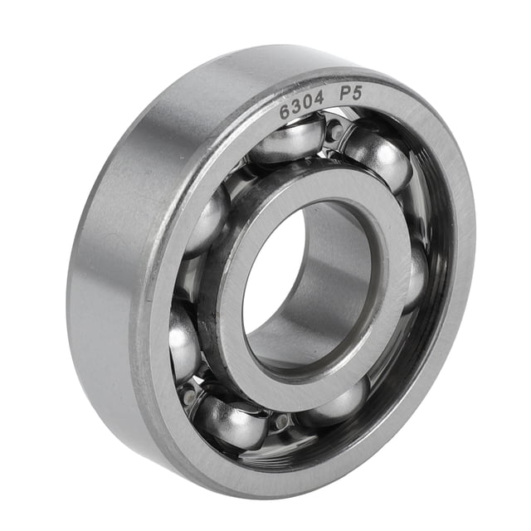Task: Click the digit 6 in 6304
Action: [285, 113]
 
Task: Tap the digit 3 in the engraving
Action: [297, 108]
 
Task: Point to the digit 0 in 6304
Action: [309, 105]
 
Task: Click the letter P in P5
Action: [345, 95]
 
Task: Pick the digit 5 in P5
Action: [356, 92]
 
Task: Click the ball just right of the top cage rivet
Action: [378, 158]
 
